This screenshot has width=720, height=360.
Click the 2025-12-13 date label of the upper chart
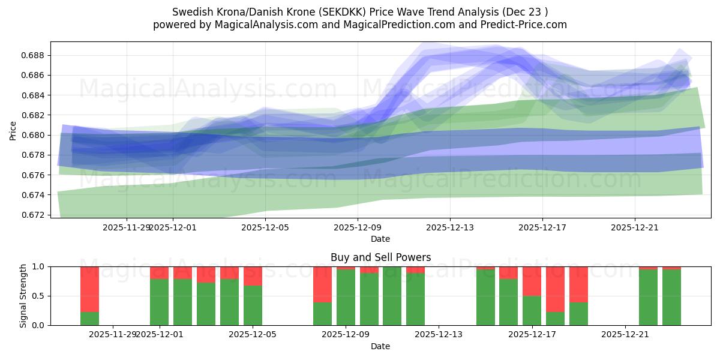click(450, 227)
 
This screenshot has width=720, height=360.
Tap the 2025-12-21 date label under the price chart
click(635, 227)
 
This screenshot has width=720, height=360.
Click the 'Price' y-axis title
click(13, 130)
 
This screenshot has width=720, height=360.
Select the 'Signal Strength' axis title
click(23, 296)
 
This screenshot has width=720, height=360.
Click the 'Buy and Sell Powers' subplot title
click(380, 257)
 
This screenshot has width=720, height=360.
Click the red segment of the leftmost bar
click(89, 288)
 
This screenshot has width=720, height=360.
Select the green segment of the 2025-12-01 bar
click(159, 302)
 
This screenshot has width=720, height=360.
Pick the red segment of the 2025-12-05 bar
click(253, 276)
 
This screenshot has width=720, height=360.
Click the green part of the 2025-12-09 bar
click(346, 298)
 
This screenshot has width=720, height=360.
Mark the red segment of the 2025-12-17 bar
click(532, 281)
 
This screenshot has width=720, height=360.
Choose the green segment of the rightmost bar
click(671, 298)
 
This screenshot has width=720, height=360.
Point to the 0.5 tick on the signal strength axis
click(40, 296)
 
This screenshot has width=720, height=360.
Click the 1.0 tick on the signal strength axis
click(40, 266)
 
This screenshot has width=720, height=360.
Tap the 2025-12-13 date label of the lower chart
click(439, 334)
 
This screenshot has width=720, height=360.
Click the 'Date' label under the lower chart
click(380, 346)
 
